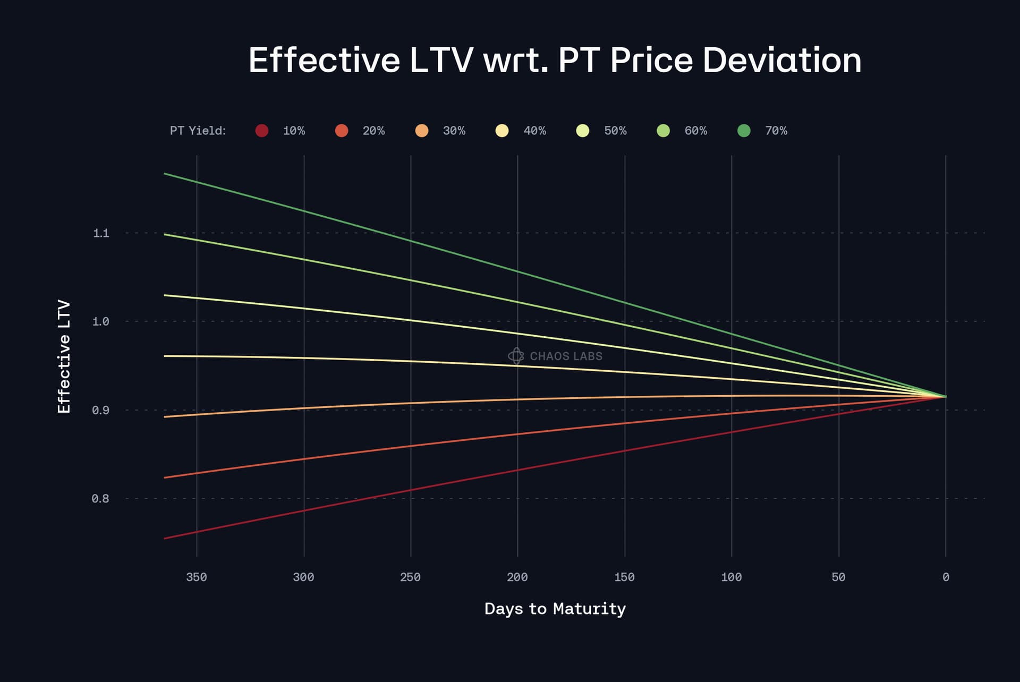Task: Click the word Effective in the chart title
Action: click(x=324, y=60)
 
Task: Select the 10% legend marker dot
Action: click(x=261, y=131)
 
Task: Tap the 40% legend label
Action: click(x=534, y=131)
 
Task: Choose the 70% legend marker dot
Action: click(x=744, y=131)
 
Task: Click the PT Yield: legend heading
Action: click(x=198, y=131)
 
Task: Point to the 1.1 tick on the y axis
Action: click(x=101, y=233)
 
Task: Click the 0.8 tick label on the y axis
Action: click(x=100, y=499)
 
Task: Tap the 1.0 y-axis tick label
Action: click(x=100, y=321)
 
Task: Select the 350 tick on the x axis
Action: click(x=197, y=577)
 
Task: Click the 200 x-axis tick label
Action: click(x=517, y=577)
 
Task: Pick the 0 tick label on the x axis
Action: click(x=946, y=577)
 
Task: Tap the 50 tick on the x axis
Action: click(x=838, y=577)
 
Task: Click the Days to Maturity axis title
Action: click(x=555, y=609)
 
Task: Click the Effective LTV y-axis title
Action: click(x=64, y=356)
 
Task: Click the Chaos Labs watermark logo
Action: click(x=516, y=356)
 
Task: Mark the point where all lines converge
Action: click(x=946, y=396)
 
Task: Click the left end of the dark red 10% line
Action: click(x=165, y=539)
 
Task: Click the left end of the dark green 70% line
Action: click(x=165, y=174)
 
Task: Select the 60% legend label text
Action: click(x=695, y=131)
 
